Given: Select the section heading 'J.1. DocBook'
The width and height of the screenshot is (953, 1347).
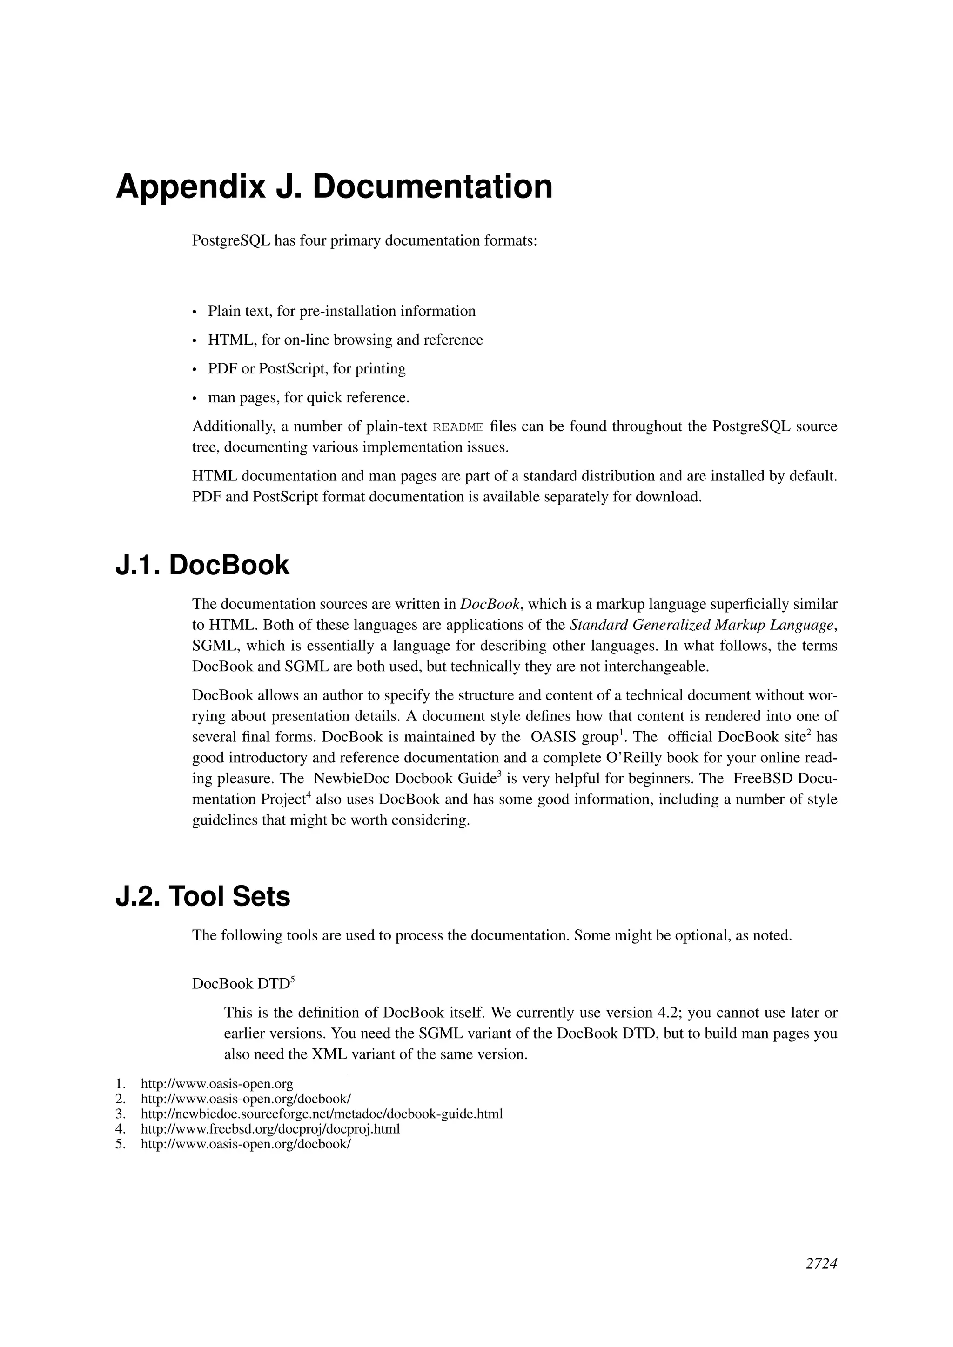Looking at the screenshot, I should (x=202, y=565).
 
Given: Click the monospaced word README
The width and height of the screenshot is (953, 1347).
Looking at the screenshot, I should (x=458, y=427).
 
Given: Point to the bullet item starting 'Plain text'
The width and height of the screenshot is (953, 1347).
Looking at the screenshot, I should (x=342, y=311).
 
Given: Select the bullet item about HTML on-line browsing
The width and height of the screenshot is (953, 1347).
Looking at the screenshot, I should (x=345, y=340).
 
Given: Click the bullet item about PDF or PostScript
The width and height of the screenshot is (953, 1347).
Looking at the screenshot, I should (x=306, y=368).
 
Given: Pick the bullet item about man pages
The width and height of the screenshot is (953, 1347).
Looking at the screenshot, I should (x=309, y=397).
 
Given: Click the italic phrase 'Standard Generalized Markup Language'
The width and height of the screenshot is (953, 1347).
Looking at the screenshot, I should (x=701, y=625).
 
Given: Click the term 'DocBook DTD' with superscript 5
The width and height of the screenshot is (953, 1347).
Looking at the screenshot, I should (x=243, y=984).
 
